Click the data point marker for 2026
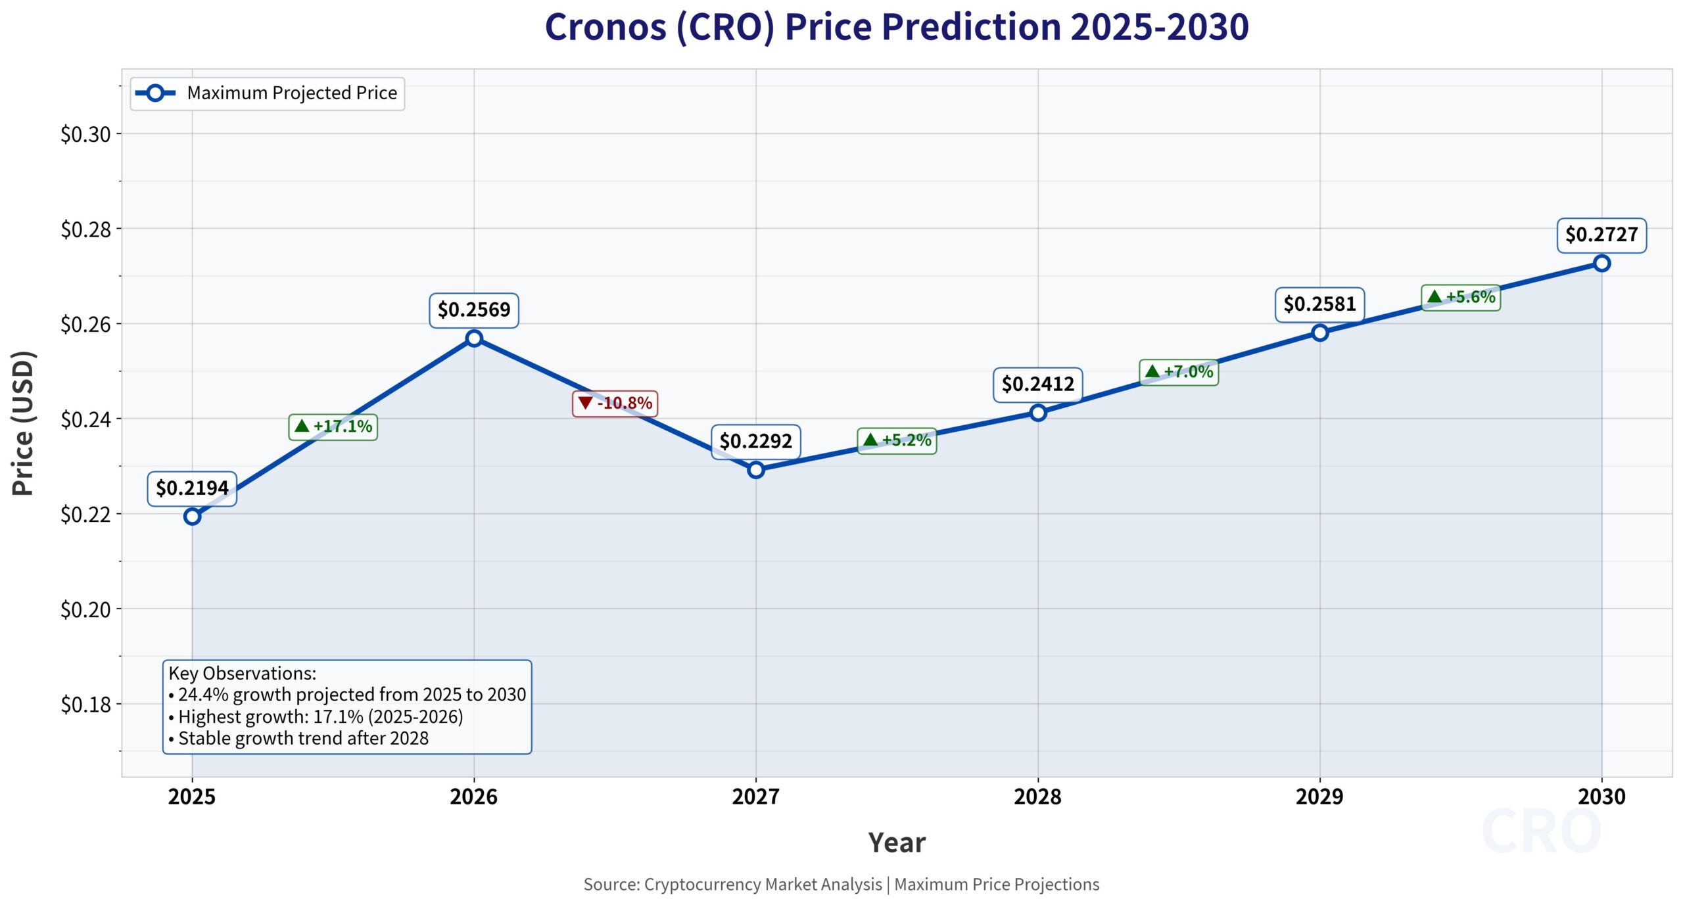[474, 338]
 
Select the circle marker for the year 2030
[1601, 263]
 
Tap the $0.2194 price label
[192, 488]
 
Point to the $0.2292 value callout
[755, 441]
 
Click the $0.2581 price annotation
[1319, 304]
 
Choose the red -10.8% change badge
[615, 403]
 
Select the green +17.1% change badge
[333, 427]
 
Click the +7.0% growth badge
[1179, 372]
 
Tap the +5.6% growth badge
[1461, 297]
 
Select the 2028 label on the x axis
[1037, 797]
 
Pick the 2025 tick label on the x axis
[192, 797]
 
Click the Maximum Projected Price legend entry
[267, 93]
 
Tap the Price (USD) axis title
[24, 423]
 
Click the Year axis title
[897, 843]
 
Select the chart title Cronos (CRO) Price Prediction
[897, 28]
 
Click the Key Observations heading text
[243, 674]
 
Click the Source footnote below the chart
[841, 885]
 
